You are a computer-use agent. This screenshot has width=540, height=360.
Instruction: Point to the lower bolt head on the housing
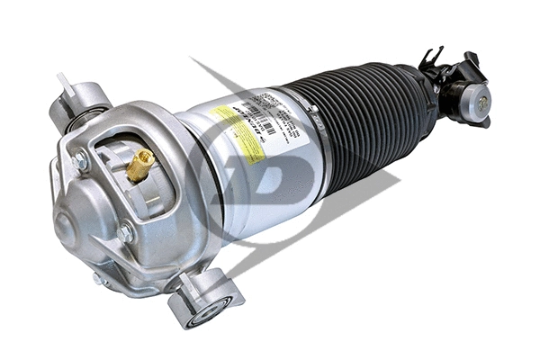pos(124,233)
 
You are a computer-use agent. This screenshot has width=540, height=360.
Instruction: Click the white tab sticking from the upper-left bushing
pos(63,83)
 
